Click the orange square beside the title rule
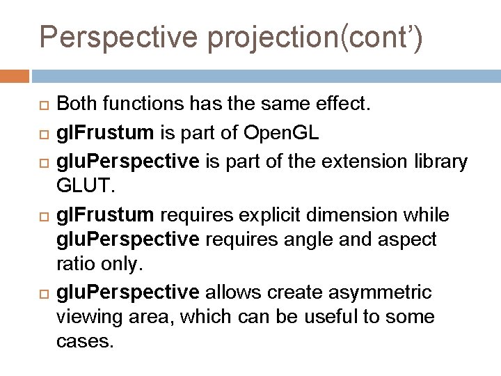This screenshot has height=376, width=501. [x=15, y=75]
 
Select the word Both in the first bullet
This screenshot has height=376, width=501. [x=77, y=105]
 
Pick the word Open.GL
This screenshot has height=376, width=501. [x=281, y=134]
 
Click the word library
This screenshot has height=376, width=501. [x=440, y=162]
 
